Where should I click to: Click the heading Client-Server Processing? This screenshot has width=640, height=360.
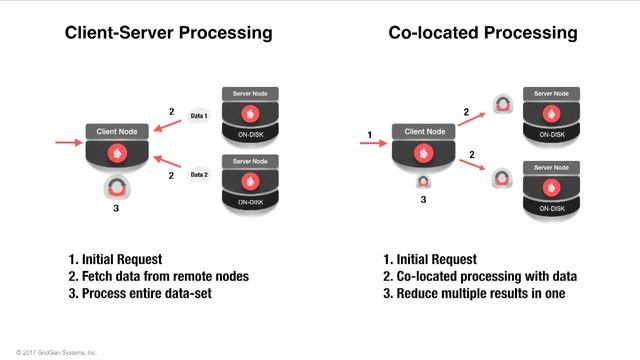(168, 33)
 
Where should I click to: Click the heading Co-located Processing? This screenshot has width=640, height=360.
(482, 33)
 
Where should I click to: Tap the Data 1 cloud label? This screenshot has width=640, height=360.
(199, 116)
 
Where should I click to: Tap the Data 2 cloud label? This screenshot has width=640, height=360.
(199, 175)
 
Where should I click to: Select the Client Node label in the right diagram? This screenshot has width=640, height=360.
(423, 131)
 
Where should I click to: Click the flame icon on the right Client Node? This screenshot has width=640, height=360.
(423, 153)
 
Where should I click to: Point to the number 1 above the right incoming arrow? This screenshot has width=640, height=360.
(370, 134)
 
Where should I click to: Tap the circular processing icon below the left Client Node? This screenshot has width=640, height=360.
(117, 188)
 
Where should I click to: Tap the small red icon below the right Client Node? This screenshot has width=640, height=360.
(423, 182)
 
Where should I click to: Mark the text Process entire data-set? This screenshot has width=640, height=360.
(146, 293)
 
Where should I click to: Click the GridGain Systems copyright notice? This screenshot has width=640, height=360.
(49, 352)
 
